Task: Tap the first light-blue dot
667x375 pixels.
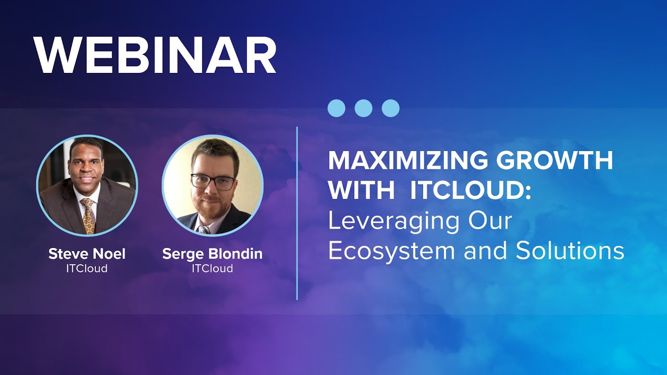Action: (336, 108)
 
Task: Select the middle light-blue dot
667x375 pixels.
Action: (363, 108)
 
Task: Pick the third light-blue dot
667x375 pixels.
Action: (390, 108)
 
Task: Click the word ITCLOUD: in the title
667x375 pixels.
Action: (471, 191)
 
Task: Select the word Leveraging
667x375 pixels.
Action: (393, 222)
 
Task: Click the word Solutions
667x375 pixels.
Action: (570, 251)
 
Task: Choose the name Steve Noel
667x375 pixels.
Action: (87, 254)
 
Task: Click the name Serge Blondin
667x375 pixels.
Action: (212, 254)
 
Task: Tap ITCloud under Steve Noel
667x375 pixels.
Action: (87, 269)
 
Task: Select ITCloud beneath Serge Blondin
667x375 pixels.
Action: (212, 269)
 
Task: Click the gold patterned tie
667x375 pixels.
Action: (88, 216)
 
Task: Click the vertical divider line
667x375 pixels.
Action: (297, 214)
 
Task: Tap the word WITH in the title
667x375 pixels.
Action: (362, 191)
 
